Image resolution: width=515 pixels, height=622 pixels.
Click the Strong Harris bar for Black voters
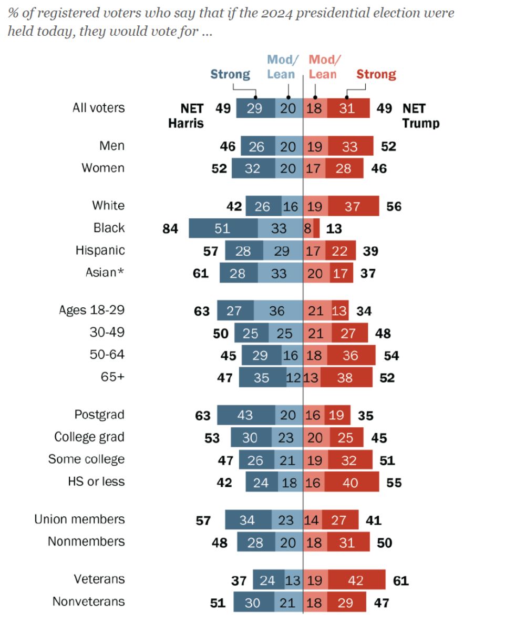click(x=223, y=228)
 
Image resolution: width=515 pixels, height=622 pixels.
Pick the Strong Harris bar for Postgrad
click(x=244, y=415)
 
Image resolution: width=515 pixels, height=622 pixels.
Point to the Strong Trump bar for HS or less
click(x=351, y=482)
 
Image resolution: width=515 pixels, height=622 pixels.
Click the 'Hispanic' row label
click(x=100, y=250)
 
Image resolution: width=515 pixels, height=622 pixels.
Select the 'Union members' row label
click(x=79, y=519)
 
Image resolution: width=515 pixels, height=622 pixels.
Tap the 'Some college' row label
click(x=86, y=459)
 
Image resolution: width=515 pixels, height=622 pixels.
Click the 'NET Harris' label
click(x=186, y=116)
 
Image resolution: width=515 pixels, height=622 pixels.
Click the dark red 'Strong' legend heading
click(x=376, y=74)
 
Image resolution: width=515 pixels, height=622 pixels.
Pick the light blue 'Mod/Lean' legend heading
click(x=281, y=67)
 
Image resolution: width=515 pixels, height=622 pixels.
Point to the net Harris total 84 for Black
click(x=171, y=228)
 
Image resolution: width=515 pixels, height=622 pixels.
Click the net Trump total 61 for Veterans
click(x=400, y=580)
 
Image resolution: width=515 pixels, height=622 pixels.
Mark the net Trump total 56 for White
click(x=394, y=206)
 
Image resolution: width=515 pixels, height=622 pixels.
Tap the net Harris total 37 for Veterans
click(x=239, y=580)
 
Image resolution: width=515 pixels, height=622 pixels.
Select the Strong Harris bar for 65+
click(x=262, y=378)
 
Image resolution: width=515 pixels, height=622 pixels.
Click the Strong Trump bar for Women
click(x=344, y=169)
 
